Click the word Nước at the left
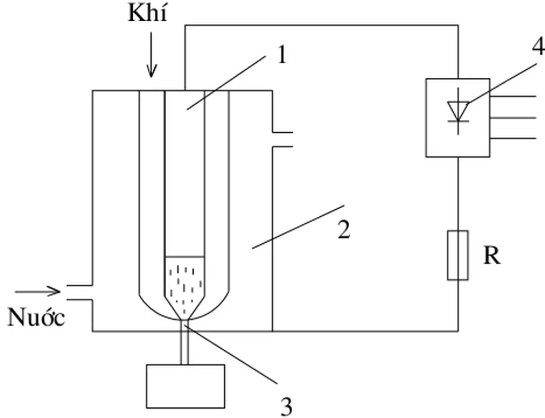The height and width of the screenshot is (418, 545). tap(36, 318)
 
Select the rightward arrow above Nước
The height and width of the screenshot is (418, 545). tap(38, 291)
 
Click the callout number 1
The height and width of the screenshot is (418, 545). tap(281, 55)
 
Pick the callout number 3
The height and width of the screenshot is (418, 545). tap(286, 405)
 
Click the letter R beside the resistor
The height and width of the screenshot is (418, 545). tap(492, 256)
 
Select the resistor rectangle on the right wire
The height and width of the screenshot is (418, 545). tap(458, 255)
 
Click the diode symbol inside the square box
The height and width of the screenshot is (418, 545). tap(458, 112)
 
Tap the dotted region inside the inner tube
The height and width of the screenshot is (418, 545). tap(185, 283)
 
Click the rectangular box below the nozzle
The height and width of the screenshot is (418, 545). tap(185, 386)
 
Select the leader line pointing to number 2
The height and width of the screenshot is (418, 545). tap(298, 227)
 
